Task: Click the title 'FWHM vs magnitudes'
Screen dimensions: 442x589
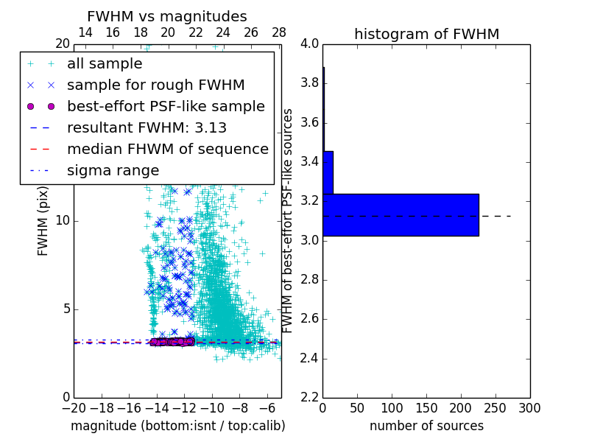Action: point(167,17)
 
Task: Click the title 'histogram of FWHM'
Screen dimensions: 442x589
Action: point(426,34)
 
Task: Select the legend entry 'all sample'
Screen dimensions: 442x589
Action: point(105,64)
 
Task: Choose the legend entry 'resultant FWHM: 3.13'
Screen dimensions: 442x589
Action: point(147,128)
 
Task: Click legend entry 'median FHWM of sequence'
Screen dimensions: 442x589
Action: point(168,150)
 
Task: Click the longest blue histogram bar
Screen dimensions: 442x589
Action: point(401,214)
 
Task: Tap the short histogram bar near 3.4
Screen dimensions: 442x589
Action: point(328,172)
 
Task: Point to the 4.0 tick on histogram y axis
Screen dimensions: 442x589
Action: point(310,43)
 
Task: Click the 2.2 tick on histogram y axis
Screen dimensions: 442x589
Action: point(310,398)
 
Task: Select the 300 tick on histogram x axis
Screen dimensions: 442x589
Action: point(529,408)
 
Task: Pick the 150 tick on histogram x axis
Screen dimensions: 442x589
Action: point(426,408)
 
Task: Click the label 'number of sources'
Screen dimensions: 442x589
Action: point(426,426)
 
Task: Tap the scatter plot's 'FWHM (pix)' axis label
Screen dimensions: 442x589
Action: point(43,222)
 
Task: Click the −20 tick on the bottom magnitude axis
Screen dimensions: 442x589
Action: point(74,408)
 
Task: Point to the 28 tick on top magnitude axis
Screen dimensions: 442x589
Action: point(278,32)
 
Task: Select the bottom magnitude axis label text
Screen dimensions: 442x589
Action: point(177,426)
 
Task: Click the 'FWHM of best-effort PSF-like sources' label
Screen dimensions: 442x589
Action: point(289,220)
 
